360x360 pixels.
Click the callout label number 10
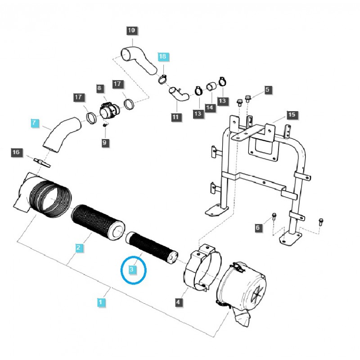(131, 31)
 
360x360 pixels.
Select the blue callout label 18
(162, 57)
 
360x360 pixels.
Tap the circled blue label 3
(132, 270)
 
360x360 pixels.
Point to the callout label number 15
(292, 115)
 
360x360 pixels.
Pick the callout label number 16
(16, 153)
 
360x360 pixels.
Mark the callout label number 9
(104, 143)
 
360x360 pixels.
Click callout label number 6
(258, 228)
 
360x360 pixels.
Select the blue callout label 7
(35, 122)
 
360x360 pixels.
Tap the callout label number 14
(210, 108)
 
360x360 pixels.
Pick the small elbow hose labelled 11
(179, 95)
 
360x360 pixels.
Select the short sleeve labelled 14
(211, 86)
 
